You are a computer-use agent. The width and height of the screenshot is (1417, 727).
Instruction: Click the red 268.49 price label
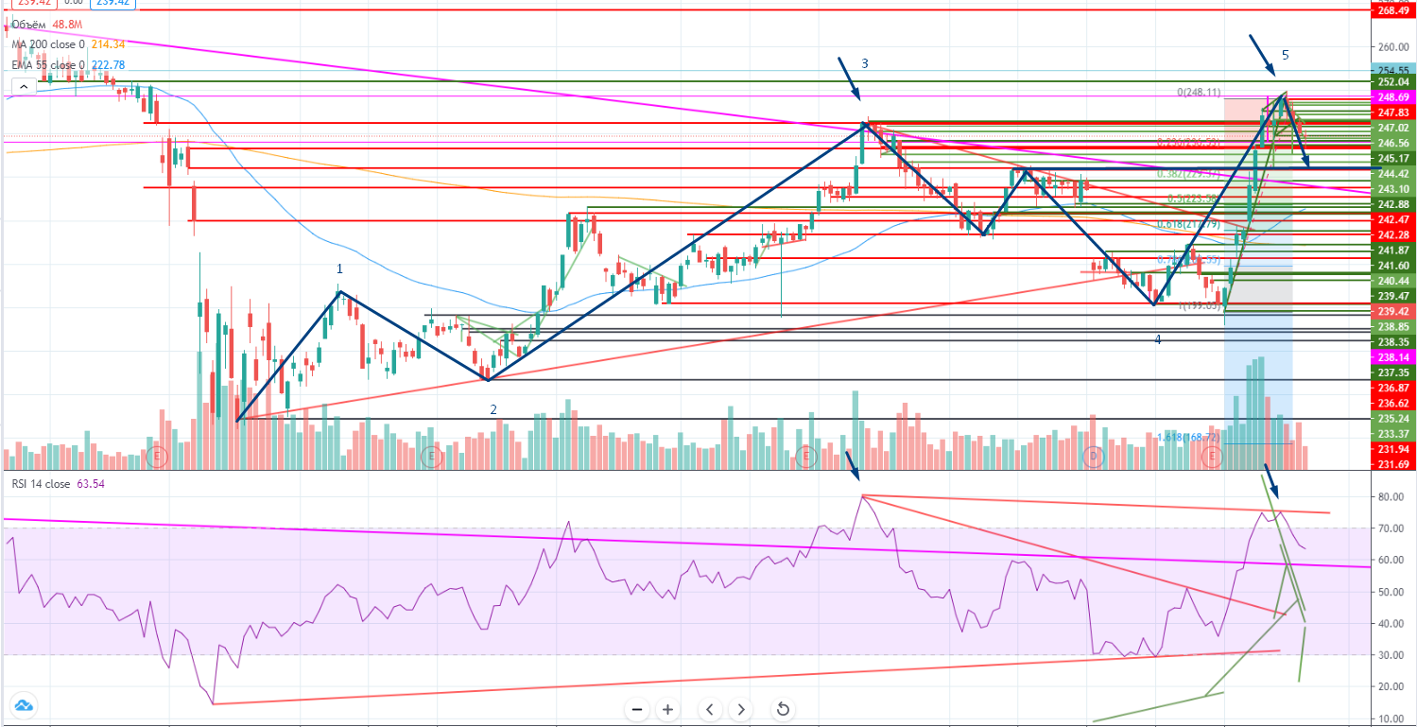(x=1393, y=10)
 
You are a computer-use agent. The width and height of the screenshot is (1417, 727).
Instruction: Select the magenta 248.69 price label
(x=1393, y=96)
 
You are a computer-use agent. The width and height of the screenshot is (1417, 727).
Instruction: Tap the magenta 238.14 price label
(x=1393, y=357)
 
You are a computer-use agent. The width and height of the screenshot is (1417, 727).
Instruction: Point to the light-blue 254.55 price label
(x=1393, y=70)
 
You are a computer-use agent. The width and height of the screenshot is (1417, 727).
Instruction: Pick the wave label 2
(x=492, y=409)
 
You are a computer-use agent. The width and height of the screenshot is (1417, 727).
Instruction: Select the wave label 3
(x=864, y=63)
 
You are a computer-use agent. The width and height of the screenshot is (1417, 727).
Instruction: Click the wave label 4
(x=1157, y=338)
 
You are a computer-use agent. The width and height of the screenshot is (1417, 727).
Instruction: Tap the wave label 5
(x=1285, y=54)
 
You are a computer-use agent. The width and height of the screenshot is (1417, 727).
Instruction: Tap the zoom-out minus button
(x=637, y=709)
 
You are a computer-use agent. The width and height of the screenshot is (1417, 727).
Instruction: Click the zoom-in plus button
(x=667, y=709)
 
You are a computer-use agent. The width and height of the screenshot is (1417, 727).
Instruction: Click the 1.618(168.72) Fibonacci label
(x=1187, y=438)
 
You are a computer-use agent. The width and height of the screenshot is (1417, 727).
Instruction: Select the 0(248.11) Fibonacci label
(x=1199, y=93)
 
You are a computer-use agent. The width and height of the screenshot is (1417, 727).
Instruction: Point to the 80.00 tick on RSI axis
(x=1389, y=496)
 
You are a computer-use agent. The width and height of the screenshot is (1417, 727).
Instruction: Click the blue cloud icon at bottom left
(x=23, y=705)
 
